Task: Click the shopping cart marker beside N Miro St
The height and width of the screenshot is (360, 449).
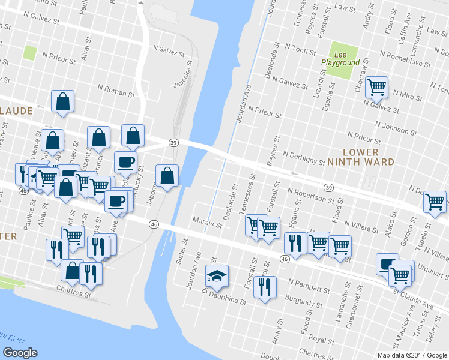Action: coord(376,88)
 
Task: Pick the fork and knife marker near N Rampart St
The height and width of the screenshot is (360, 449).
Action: coord(264,286)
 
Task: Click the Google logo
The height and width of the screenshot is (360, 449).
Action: coord(20,353)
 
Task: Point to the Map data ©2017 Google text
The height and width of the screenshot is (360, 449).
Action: coord(412,355)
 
